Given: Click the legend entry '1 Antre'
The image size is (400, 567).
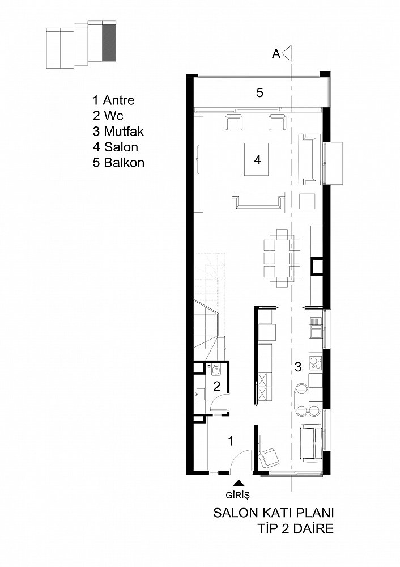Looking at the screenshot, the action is click(113, 100).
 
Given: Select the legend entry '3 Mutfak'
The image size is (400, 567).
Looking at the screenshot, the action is click(118, 132).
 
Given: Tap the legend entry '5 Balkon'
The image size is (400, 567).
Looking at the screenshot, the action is click(118, 162).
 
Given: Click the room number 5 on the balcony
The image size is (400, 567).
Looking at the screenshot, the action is click(260, 92).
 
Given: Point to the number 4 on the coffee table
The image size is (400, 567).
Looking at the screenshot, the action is click(258, 159).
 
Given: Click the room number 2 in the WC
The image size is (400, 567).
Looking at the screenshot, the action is click(217, 386).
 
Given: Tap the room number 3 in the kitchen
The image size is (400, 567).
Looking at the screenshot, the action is click(298, 367).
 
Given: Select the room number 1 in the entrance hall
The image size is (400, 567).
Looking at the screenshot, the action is click(231, 441).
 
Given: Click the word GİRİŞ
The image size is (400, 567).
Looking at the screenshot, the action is click(238, 494).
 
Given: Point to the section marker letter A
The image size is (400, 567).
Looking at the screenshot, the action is click(276, 54).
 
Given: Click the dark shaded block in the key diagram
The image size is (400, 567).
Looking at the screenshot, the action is click(109, 43).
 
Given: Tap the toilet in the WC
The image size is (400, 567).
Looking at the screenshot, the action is click(216, 370).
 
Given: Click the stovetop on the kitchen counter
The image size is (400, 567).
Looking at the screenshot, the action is click(316, 363).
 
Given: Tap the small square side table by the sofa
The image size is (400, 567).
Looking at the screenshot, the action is click(307, 201).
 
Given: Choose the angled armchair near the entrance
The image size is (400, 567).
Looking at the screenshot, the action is click(269, 457).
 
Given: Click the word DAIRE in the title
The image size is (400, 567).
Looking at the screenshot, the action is click(313, 528).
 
